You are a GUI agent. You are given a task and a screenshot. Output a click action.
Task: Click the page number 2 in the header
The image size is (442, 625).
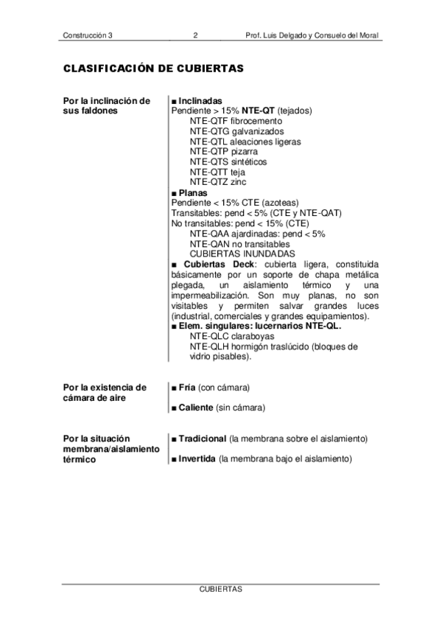195,35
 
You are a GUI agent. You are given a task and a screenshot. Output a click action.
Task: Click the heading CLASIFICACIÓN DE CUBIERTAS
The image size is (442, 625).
153,69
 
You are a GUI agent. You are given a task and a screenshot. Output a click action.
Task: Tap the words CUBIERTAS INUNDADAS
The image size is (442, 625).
242,254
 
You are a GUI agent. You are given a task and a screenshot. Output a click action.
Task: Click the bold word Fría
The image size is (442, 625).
186,387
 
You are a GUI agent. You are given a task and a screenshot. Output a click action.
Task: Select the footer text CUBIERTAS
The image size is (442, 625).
220,590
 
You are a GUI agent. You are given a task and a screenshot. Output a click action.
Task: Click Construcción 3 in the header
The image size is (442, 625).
88,35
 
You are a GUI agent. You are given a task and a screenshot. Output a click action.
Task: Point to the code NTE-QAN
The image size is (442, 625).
209,243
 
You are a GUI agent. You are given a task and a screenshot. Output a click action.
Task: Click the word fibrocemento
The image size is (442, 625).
256,120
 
